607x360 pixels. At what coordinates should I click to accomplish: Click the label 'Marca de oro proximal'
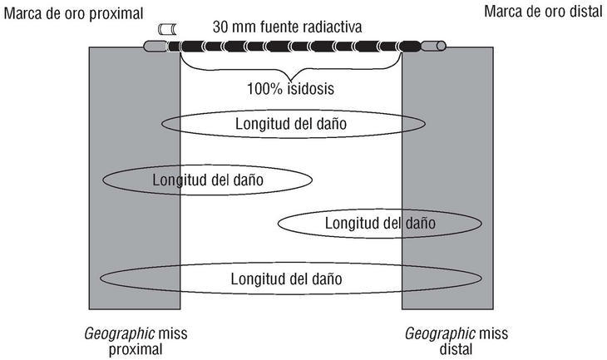click(74, 13)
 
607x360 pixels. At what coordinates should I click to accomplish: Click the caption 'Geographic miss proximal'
click(136, 341)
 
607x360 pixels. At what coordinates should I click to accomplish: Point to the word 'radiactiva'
click(332, 26)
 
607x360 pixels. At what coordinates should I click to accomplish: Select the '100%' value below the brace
click(263, 86)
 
